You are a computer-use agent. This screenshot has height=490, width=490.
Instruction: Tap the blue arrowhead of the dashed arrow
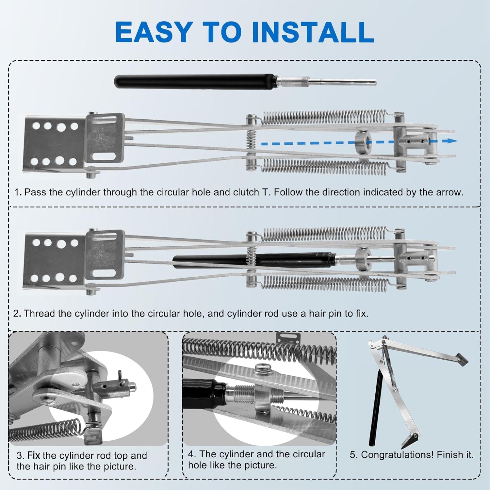[452, 141]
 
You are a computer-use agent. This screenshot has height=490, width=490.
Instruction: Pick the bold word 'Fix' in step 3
[34, 455]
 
